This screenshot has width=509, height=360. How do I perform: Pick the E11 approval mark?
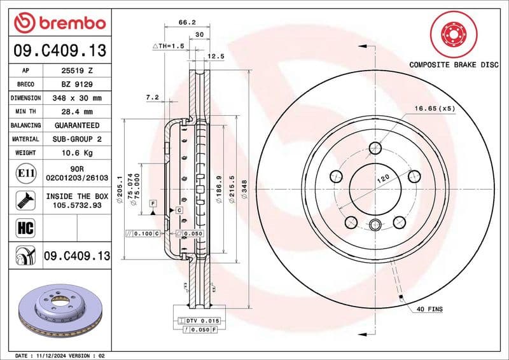pos(25,173)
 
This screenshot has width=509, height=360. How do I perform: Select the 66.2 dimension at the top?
pos(186,22)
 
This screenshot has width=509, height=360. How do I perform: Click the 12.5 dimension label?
pos(216,57)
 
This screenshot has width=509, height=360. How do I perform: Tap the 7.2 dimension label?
pos(151,97)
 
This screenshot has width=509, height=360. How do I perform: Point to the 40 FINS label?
pos(429,309)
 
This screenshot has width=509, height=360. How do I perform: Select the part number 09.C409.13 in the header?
pos(59,50)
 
